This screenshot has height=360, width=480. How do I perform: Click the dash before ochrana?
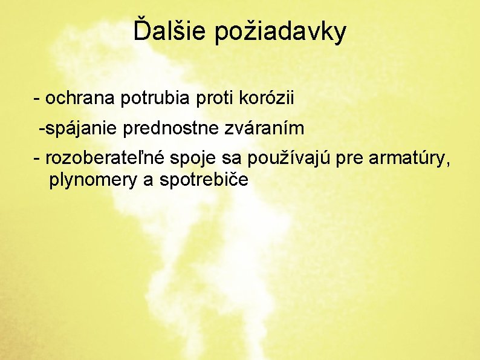(x=37, y=98)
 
